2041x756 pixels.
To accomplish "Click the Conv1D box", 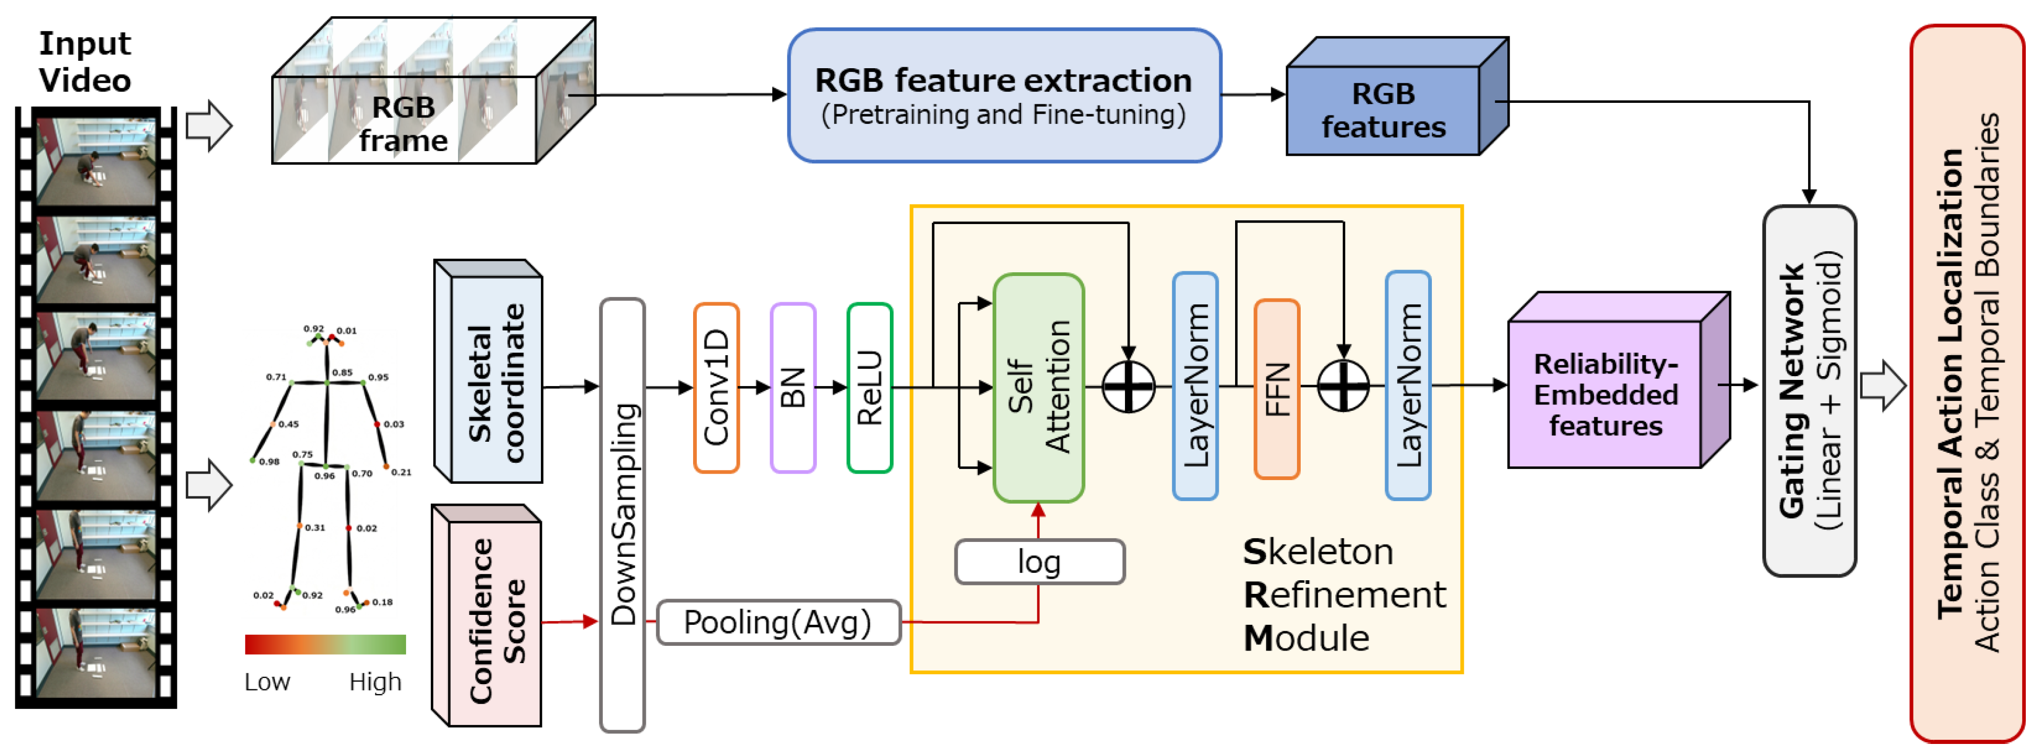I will (716, 388).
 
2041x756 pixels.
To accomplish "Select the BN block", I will (792, 388).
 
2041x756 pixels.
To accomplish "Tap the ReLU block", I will (869, 388).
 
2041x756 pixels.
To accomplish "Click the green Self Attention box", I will (1038, 388).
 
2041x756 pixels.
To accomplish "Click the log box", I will (1039, 562).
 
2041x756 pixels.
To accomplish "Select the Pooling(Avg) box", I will (778, 622).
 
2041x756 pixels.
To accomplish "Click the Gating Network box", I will (1809, 391).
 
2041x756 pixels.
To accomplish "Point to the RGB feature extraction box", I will (1004, 96).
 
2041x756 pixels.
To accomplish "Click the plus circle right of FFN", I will (1343, 387).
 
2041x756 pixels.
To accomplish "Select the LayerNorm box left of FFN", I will (1195, 387).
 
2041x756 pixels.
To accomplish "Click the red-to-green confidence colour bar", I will (325, 644).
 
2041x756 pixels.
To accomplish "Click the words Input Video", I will (85, 62).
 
